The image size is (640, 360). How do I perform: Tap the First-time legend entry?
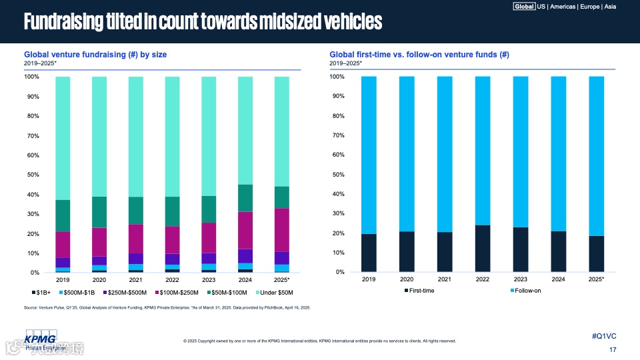tap(421, 291)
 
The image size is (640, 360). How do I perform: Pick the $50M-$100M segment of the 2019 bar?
tap(63, 215)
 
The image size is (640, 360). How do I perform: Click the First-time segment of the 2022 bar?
tap(483, 249)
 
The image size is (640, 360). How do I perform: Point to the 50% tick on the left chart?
tap(32, 175)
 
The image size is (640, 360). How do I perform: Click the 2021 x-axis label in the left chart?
tap(136, 281)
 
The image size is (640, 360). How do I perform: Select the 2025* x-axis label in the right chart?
tap(597, 279)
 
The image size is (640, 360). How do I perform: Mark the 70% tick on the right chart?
tap(338, 135)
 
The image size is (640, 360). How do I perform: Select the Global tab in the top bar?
tap(524, 7)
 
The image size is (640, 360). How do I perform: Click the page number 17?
tap(613, 350)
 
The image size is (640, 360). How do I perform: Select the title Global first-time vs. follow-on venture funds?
tap(419, 55)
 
